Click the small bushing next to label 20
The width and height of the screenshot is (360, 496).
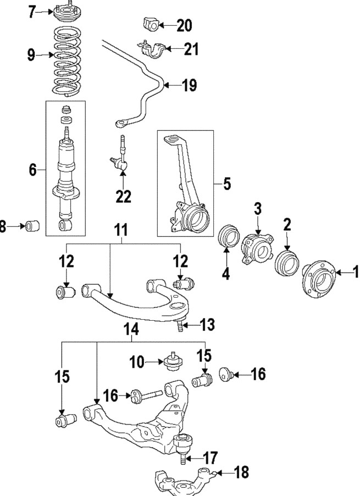(150, 25)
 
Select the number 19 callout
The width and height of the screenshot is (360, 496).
(189, 85)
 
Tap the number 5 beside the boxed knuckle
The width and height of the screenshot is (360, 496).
(226, 184)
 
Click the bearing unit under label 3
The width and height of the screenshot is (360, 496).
(257, 251)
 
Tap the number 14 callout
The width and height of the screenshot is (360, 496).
(131, 329)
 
